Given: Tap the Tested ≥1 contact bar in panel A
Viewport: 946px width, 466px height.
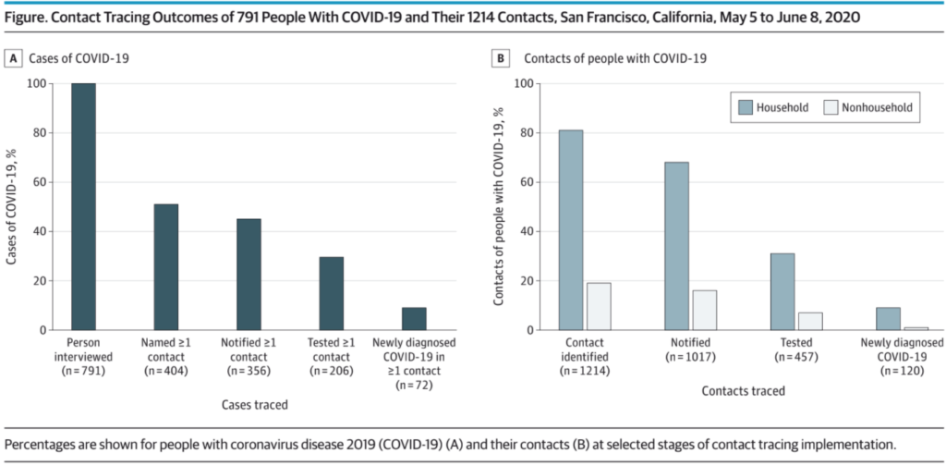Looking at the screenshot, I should [331, 293].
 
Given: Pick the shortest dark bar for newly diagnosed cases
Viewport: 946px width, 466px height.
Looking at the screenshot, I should [414, 319].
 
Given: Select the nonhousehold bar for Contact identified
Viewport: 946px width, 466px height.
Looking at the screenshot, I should [599, 306].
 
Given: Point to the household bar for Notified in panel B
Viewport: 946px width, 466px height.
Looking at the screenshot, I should [676, 246].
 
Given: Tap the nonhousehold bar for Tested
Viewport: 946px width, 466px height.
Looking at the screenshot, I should [810, 321].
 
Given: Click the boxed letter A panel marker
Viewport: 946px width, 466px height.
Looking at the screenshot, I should [15, 58].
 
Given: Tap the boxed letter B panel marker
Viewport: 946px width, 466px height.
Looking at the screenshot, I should [501, 58].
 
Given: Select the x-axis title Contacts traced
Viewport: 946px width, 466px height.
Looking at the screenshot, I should [743, 390].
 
